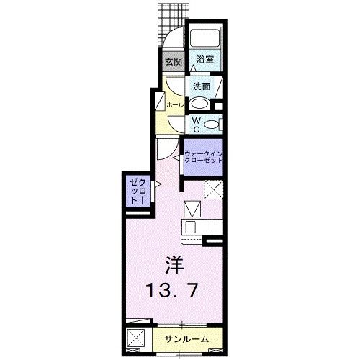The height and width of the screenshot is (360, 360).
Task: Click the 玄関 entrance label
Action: [173, 62]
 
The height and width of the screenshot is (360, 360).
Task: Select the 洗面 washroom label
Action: [201, 86]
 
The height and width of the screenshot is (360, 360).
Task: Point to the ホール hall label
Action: [174, 105]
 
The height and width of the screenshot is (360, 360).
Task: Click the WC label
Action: [195, 125]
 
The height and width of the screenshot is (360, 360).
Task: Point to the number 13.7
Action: [174, 292]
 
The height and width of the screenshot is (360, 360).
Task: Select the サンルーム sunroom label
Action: [186, 339]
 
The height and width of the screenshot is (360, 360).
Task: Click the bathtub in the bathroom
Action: [204, 39]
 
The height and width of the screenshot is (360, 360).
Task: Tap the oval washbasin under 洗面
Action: [201, 102]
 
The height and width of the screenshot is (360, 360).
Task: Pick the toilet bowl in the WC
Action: [210, 125]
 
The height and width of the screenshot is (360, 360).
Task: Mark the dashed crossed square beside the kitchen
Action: [212, 189]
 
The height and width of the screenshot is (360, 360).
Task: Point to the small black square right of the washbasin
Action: [219, 108]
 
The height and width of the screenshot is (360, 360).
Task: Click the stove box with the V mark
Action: [192, 210]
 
